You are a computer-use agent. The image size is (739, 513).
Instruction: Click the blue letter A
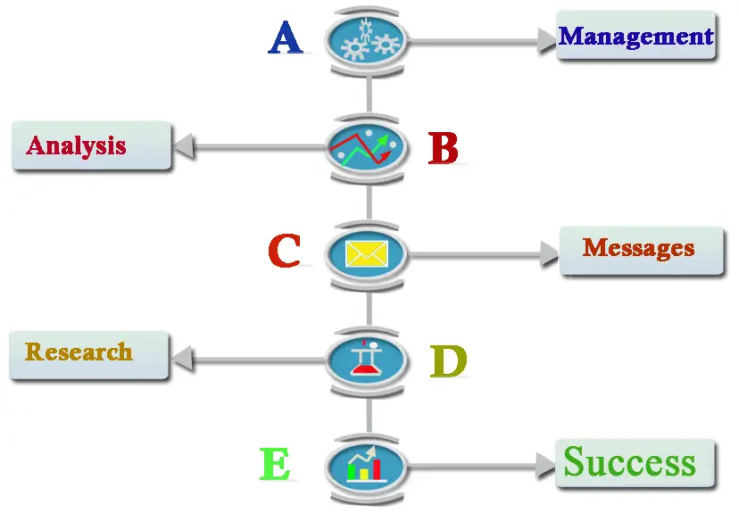(x=285, y=37)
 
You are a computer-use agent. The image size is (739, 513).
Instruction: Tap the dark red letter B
(x=443, y=148)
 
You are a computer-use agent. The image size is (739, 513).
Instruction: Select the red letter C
(x=284, y=251)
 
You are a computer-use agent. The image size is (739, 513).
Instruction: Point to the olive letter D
(x=448, y=361)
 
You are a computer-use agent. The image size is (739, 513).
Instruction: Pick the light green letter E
(x=275, y=464)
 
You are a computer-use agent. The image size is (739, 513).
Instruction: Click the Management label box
(x=635, y=36)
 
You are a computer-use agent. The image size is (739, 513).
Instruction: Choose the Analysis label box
(x=91, y=145)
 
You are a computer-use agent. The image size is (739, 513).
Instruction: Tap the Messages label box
(x=642, y=251)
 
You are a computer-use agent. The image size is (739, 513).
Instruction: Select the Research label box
(x=88, y=355)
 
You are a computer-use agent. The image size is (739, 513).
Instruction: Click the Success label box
(x=635, y=464)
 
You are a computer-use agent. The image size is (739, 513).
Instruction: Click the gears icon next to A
(x=366, y=40)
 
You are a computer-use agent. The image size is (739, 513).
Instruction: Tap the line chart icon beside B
(x=366, y=147)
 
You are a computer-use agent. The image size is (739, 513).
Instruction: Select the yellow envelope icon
(x=366, y=254)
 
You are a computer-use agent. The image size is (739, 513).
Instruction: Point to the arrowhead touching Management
(x=547, y=41)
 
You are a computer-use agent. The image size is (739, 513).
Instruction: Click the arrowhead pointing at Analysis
(x=184, y=146)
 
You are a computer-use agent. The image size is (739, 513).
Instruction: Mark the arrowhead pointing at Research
(x=183, y=360)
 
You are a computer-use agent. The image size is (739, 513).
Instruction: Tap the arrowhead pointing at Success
(x=545, y=466)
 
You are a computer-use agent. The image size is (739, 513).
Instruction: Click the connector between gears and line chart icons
(x=369, y=95)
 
